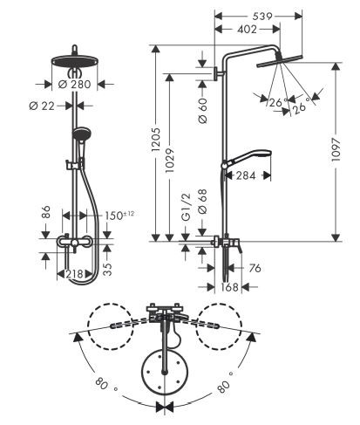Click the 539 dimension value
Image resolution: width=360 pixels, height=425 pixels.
[262, 17]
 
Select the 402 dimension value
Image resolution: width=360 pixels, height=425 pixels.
[247, 30]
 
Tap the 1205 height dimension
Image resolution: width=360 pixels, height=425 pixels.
[156, 139]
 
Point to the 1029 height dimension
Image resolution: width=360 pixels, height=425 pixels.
[169, 161]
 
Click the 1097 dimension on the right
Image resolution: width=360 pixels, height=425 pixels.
[336, 149]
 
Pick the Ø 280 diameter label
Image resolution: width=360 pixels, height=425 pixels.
[75, 85]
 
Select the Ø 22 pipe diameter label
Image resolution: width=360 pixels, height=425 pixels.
[42, 106]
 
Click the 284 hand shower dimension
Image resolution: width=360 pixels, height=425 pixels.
[246, 175]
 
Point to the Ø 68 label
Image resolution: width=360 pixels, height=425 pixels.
[202, 202]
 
